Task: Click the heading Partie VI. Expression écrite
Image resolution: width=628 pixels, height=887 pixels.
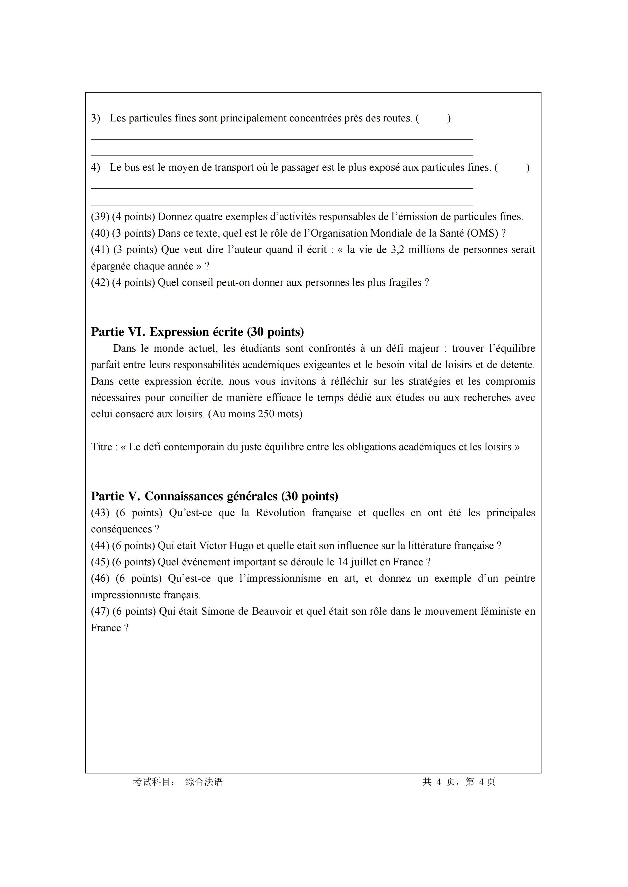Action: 197,332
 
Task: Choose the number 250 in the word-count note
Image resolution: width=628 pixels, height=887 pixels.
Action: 266,414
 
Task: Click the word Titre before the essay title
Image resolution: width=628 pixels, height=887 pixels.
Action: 101,447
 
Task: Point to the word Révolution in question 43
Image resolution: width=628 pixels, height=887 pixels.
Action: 280,513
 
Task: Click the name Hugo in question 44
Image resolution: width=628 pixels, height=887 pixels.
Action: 241,546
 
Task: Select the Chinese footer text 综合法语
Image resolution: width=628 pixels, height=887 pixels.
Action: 204,782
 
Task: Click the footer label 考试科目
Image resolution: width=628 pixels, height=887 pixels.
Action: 152,782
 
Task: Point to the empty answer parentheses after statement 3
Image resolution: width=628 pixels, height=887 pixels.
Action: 433,118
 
